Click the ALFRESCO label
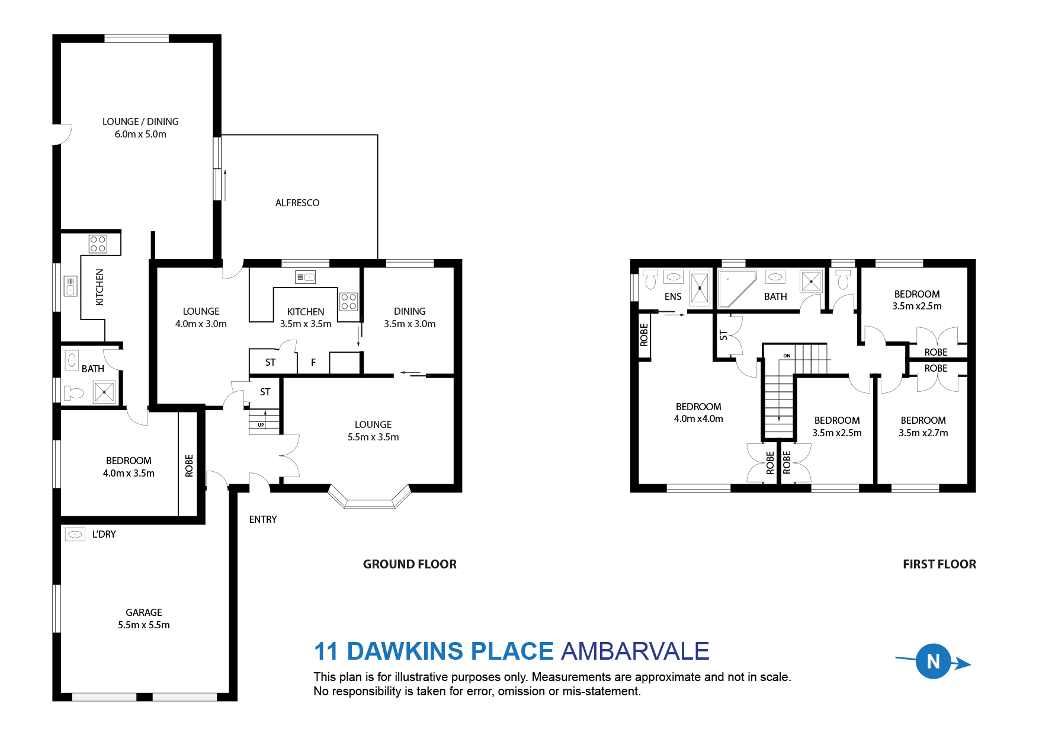pyautogui.click(x=297, y=203)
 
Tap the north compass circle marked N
pyautogui.click(x=933, y=661)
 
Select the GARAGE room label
pyautogui.click(x=143, y=612)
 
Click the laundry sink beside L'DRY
pyautogui.click(x=75, y=535)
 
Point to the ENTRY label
pyautogui.click(x=263, y=519)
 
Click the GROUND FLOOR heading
pyautogui.click(x=409, y=564)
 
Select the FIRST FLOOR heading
pyautogui.click(x=939, y=564)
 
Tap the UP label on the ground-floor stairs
pyautogui.click(x=261, y=425)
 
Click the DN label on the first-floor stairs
pyautogui.click(x=787, y=356)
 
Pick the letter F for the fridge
pyautogui.click(x=313, y=362)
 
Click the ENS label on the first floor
pyautogui.click(x=673, y=296)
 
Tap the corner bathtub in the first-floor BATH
pyautogui.click(x=736, y=287)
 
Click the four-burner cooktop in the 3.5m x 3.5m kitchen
pyautogui.click(x=349, y=302)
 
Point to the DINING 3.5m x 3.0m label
pyautogui.click(x=409, y=318)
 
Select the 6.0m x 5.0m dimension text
pyautogui.click(x=140, y=135)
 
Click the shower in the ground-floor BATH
pyautogui.click(x=105, y=392)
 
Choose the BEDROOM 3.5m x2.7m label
pyautogui.click(x=923, y=427)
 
